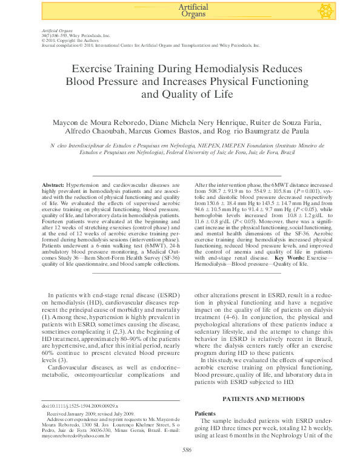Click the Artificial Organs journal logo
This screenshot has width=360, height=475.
193,10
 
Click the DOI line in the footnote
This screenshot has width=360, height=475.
79,405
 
